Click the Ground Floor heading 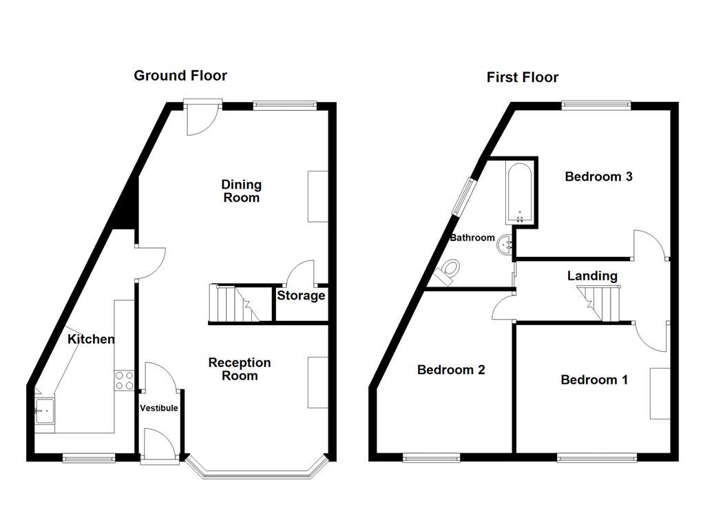(180, 76)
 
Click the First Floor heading (522, 78)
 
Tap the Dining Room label (241, 191)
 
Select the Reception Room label (240, 369)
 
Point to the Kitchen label (91, 339)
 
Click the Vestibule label (159, 408)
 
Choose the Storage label (301, 296)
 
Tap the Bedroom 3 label (598, 177)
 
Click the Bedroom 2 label (451, 370)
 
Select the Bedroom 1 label (594, 380)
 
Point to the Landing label (592, 276)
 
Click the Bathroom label (472, 238)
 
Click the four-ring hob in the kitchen (124, 380)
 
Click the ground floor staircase (232, 303)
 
